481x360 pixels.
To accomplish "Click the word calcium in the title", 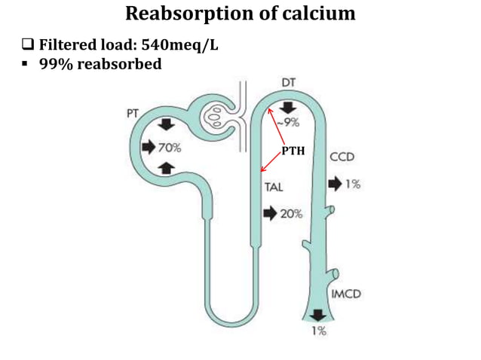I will (317, 14).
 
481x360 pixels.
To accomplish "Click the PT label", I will (131, 112).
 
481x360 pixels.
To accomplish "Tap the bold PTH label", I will (293, 151).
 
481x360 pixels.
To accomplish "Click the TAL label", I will (274, 187).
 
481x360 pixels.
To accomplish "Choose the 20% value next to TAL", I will (291, 214).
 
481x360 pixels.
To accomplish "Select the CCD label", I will (341, 158).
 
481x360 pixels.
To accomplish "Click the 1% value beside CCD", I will (353, 184).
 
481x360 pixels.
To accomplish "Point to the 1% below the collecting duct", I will (320, 331).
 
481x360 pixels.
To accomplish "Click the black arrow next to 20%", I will (270, 214).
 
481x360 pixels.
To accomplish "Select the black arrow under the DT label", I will (289, 105).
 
